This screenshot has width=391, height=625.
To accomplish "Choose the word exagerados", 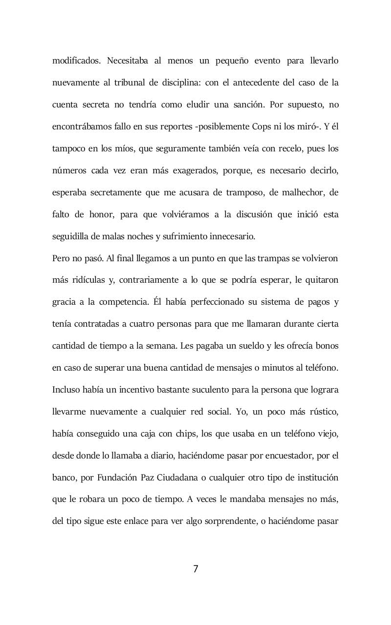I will point(193,170).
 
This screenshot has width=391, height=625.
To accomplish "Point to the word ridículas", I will point(87,280).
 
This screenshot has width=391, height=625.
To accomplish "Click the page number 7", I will point(195,569).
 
